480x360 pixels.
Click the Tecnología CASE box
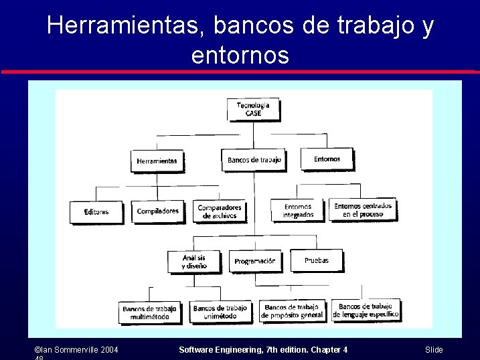[253, 109]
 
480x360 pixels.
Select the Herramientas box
[157, 161]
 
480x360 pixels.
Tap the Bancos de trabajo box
[254, 160]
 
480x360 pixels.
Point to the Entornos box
[327, 159]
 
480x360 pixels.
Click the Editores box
[96, 212]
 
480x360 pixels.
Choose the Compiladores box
[157, 211]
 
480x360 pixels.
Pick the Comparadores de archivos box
[219, 211]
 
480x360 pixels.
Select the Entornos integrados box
[298, 211]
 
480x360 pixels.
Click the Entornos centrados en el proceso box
[363, 210]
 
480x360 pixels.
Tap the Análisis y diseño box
[193, 262]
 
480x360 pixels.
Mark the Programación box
[254, 261]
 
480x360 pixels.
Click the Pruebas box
[316, 260]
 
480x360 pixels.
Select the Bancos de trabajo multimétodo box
[149, 312]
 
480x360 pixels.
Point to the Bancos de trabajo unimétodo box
[220, 312]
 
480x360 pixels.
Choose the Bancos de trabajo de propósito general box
[292, 311]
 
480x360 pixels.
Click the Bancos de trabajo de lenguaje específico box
[366, 310]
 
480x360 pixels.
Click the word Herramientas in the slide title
[127, 25]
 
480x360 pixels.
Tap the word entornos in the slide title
[240, 54]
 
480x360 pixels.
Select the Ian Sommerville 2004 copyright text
[76, 350]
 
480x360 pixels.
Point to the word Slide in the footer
[434, 350]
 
